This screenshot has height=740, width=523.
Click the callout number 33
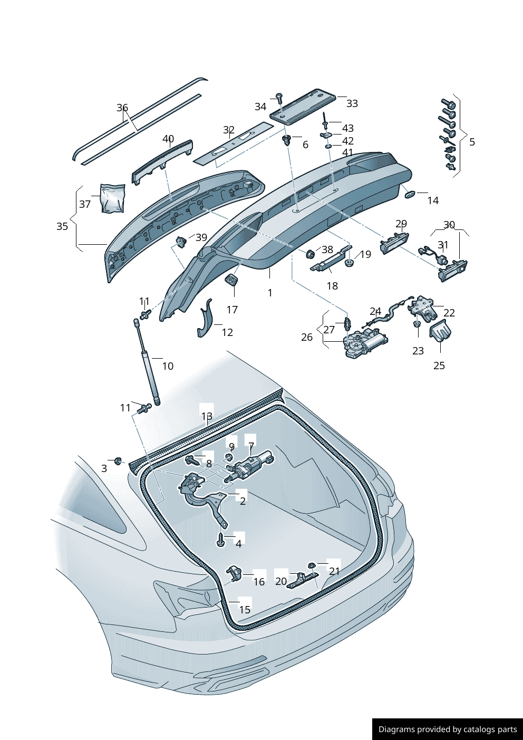(352, 104)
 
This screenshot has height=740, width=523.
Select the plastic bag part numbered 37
(112, 198)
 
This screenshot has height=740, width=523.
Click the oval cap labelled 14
(409, 195)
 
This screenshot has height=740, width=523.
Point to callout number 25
(439, 366)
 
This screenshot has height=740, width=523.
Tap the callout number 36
(122, 108)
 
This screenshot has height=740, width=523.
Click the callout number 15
(245, 610)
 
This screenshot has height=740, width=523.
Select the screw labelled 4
(221, 539)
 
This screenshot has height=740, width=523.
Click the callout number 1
(270, 293)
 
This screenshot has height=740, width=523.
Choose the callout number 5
(472, 142)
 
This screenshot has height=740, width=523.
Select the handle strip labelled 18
(330, 259)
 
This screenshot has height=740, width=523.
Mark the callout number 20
(281, 581)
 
